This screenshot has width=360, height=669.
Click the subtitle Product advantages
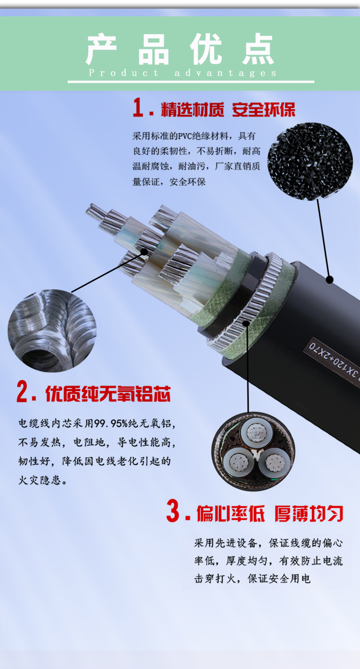click(x=183, y=73)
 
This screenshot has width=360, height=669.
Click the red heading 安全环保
click(x=264, y=110)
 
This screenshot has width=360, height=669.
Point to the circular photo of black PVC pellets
click(x=310, y=161)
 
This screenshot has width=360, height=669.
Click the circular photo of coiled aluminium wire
click(x=52, y=330)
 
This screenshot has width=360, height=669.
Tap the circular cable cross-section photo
click(x=253, y=452)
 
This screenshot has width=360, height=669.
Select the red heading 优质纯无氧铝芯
click(x=108, y=394)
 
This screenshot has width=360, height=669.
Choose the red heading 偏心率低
click(x=230, y=514)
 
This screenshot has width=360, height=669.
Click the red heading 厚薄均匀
click(x=309, y=514)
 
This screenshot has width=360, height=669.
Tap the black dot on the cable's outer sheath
click(x=329, y=279)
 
